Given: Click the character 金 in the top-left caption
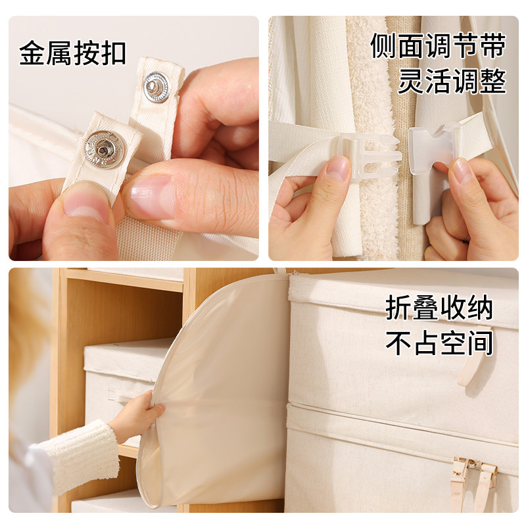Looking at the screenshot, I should pos(33,53).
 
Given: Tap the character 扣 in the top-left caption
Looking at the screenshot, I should pos(112,53).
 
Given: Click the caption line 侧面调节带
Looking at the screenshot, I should pos(438,45).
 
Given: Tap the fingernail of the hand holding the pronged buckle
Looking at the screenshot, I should pos(339,168).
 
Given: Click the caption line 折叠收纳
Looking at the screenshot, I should pos(439,308).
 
